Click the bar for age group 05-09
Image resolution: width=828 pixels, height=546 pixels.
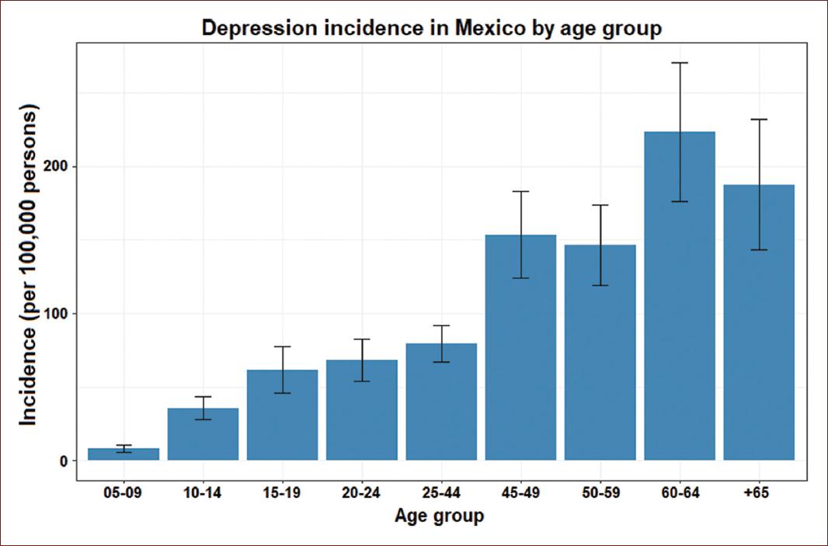(124, 455)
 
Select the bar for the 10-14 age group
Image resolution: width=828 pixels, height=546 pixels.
(203, 435)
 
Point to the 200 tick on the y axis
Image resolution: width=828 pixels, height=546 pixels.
(62, 167)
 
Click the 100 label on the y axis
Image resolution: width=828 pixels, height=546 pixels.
(62, 314)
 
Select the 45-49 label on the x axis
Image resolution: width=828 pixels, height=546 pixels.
(520, 493)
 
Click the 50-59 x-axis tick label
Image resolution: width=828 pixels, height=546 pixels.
(600, 493)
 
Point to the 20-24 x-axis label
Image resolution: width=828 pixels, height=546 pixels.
(362, 493)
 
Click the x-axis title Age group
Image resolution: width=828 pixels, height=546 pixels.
(439, 516)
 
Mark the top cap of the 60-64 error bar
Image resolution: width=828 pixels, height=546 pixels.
(680, 63)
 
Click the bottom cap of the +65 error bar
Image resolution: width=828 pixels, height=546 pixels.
(759, 250)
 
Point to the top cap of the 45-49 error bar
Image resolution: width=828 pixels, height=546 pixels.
(520, 191)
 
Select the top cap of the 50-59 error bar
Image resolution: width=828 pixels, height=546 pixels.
(600, 205)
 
